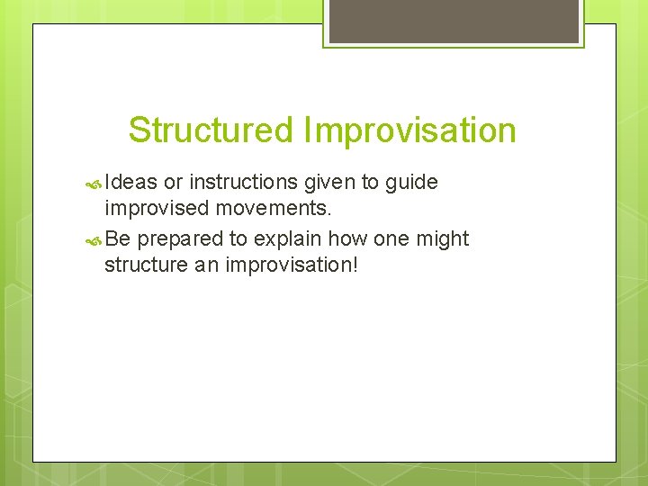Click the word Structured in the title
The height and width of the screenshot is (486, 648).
[x=211, y=130]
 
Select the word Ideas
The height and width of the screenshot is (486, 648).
[x=131, y=183]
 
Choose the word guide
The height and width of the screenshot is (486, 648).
[x=411, y=183]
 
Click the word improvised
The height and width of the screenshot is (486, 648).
[x=157, y=209]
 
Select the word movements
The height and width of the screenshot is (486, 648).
[x=274, y=209]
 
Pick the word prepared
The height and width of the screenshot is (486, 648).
[x=181, y=239]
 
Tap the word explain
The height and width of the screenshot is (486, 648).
[x=287, y=239]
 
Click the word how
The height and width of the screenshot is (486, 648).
[x=346, y=239]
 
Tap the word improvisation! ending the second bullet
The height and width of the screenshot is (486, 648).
[x=294, y=265]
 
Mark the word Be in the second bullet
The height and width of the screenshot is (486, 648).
[x=117, y=239]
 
